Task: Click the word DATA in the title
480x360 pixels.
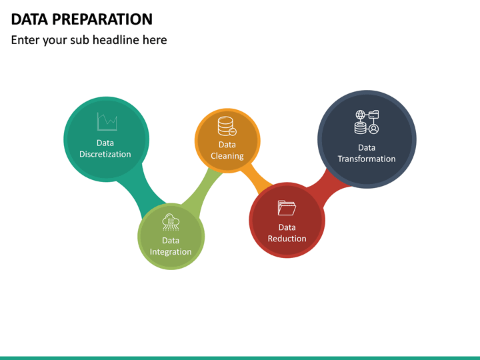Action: [x=27, y=19]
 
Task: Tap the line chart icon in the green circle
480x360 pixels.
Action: [x=107, y=121]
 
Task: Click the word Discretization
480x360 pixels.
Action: [x=105, y=154]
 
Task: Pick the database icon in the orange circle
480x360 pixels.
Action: [x=227, y=125]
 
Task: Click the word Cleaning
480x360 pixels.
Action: [x=227, y=156]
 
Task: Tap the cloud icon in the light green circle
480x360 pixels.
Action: [x=171, y=222]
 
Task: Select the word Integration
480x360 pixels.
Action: [x=171, y=252]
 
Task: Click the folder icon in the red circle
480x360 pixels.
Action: [x=287, y=208]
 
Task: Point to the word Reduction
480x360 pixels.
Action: [x=287, y=239]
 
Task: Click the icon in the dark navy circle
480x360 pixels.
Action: [x=366, y=123]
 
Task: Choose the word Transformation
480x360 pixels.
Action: [x=367, y=159]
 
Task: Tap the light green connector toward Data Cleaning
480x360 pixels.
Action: [x=200, y=190]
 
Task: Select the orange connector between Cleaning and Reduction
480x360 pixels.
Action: [x=257, y=179]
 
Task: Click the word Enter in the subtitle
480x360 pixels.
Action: [x=26, y=40]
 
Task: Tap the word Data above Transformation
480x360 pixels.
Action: [x=367, y=147]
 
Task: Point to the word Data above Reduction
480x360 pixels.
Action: [x=287, y=227]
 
